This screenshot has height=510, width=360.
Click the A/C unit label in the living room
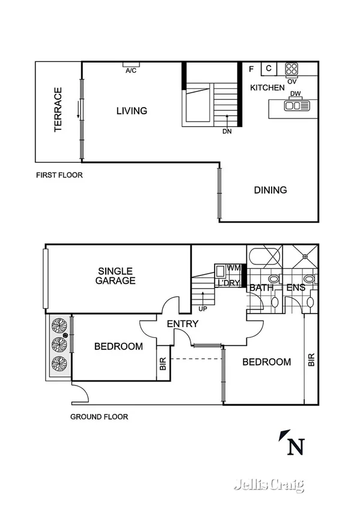pyautogui.click(x=131, y=70)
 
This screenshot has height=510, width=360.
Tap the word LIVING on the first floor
pyautogui.click(x=132, y=111)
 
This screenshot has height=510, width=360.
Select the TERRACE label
pyautogui.click(x=58, y=110)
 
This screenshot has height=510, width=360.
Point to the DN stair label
pyautogui.click(x=227, y=131)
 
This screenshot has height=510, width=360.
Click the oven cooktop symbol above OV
pyautogui.click(x=292, y=69)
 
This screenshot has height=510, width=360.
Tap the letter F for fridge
pyautogui.click(x=251, y=69)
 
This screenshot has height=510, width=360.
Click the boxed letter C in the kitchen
pyautogui.click(x=269, y=69)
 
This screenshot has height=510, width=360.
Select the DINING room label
pyautogui.click(x=270, y=190)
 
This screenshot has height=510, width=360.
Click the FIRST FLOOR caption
pyautogui.click(x=59, y=176)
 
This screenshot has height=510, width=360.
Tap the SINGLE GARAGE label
pyautogui.click(x=117, y=276)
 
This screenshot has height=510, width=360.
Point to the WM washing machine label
pyautogui.click(x=233, y=268)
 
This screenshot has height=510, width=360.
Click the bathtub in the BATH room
pyautogui.click(x=263, y=257)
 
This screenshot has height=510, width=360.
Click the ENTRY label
pyautogui.click(x=183, y=324)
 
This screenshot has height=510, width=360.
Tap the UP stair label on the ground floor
pyautogui.click(x=203, y=309)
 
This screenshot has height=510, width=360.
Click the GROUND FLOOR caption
pyautogui.click(x=99, y=417)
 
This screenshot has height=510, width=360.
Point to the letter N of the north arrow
pyautogui.click(x=295, y=447)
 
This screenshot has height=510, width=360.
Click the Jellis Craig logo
pyautogui.click(x=269, y=485)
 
